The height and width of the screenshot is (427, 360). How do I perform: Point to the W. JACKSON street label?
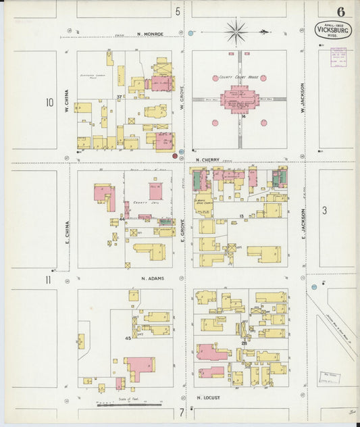pyautogui.click(x=303, y=98)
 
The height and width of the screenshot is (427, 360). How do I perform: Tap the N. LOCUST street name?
pyautogui.click(x=209, y=398)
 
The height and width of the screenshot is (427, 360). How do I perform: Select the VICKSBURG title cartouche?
pyautogui.click(x=332, y=30)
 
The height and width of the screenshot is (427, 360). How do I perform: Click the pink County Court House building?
pyautogui.click(x=238, y=100)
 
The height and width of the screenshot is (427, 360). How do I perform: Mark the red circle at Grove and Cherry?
pyautogui.click(x=175, y=155)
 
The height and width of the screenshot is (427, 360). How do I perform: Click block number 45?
pyautogui.click(x=127, y=338)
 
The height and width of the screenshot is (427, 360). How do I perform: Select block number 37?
pyautogui.click(x=118, y=97)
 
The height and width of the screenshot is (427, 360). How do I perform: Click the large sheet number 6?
pyautogui.click(x=341, y=11)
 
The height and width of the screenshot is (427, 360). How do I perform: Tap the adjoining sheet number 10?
pyautogui.click(x=49, y=103)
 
